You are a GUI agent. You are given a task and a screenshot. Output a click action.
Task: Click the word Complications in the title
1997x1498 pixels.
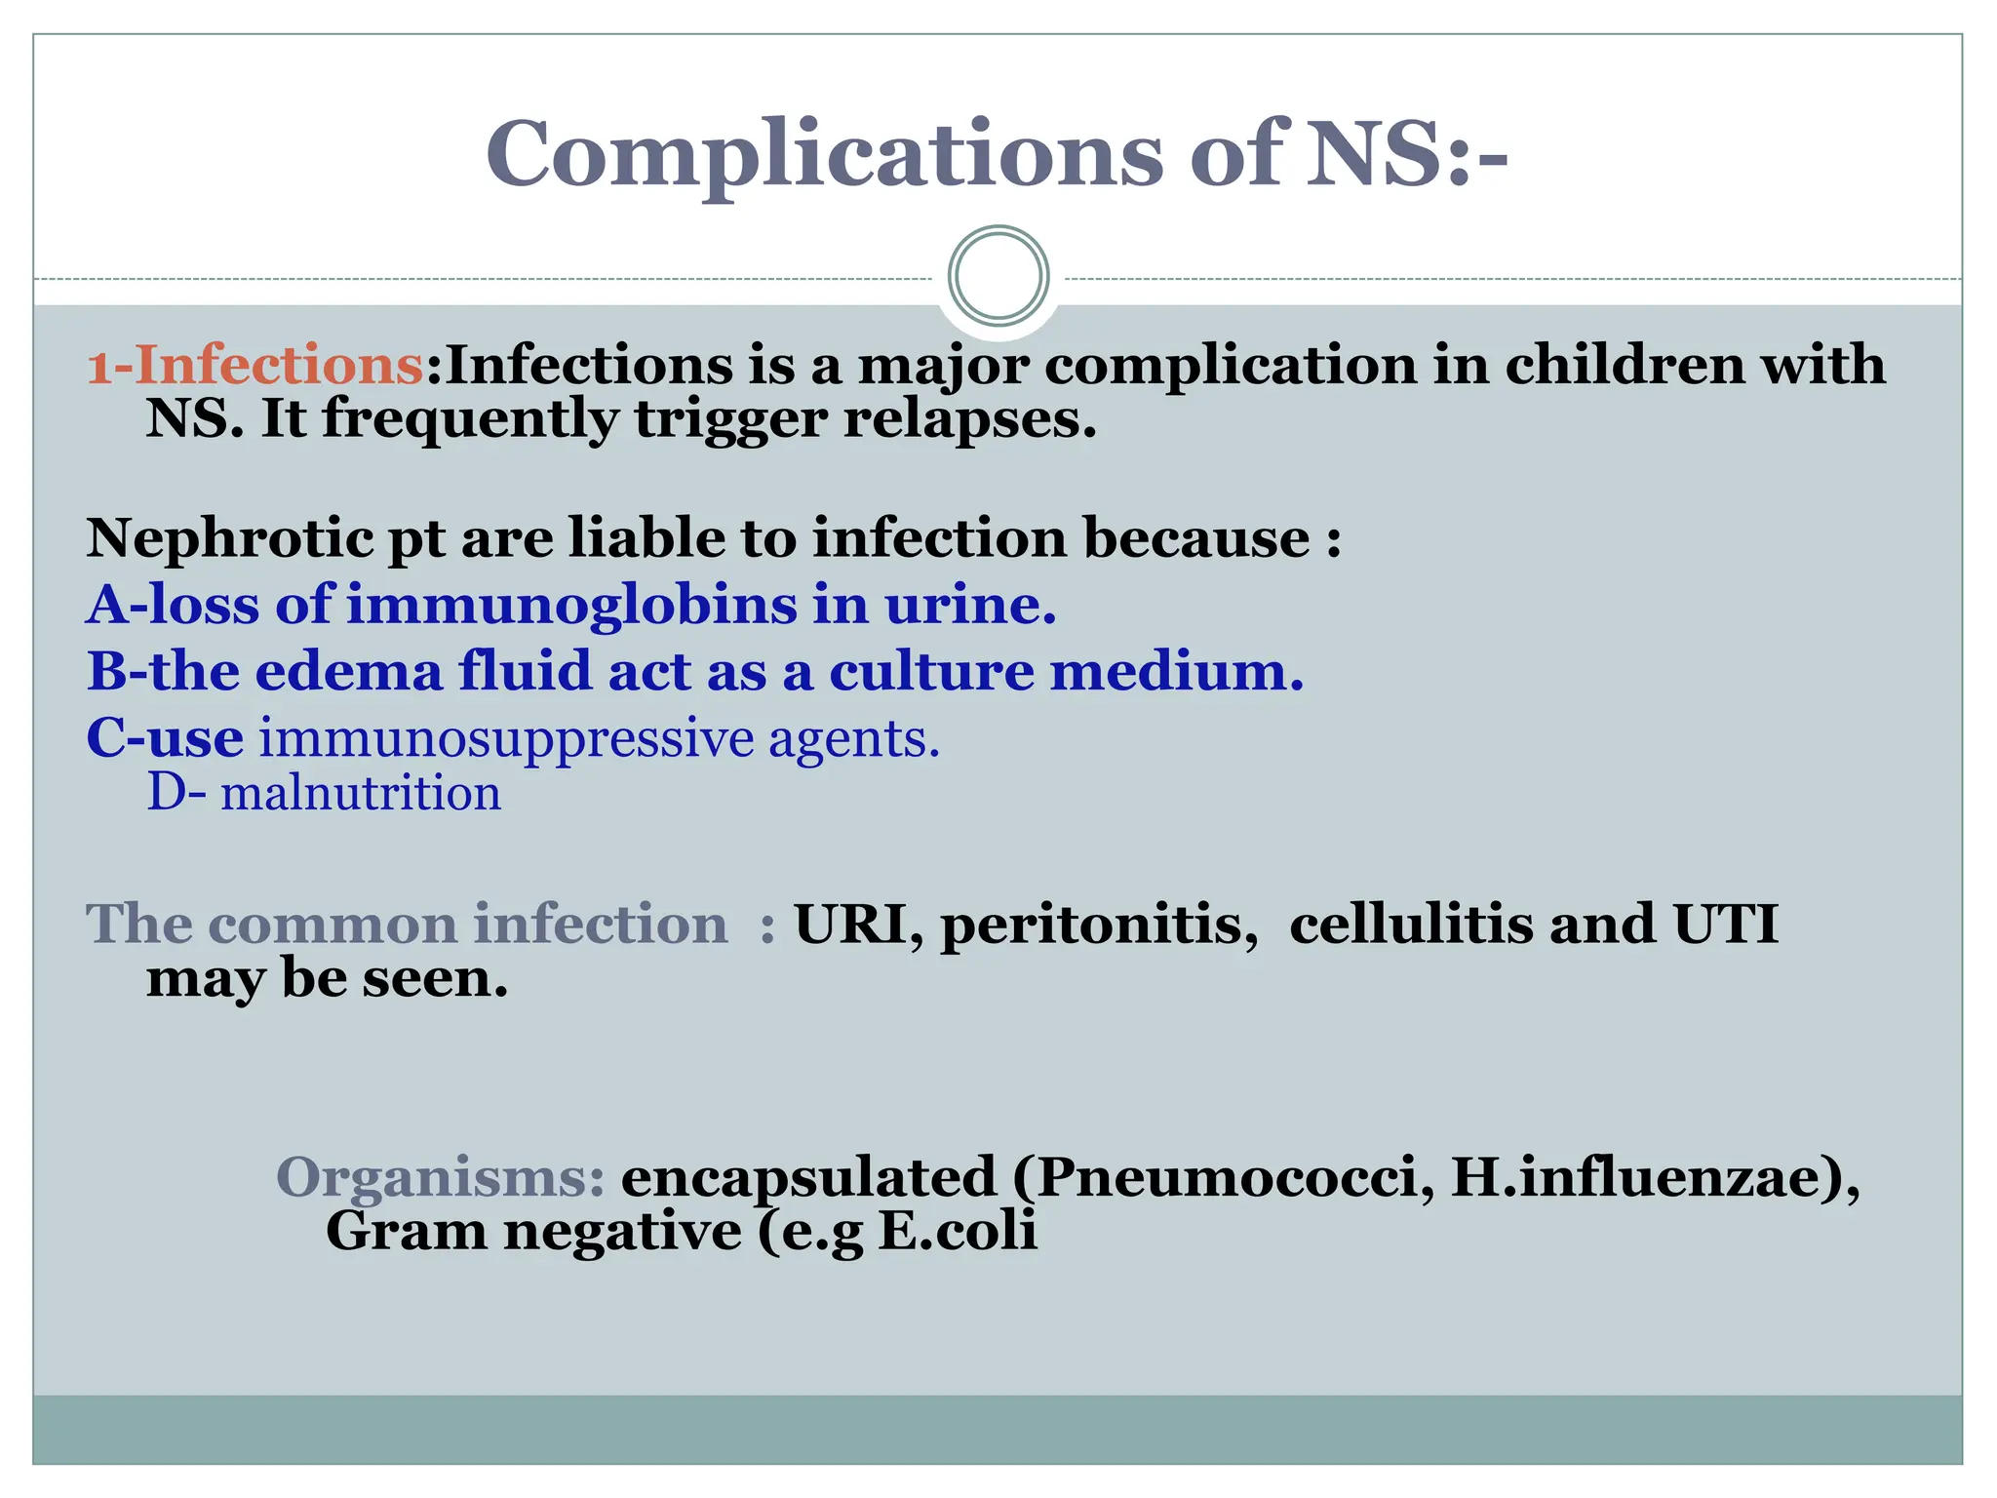(824, 154)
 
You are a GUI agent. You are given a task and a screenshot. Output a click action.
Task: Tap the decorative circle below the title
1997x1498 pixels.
(998, 276)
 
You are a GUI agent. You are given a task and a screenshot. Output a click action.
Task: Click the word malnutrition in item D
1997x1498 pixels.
(360, 792)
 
